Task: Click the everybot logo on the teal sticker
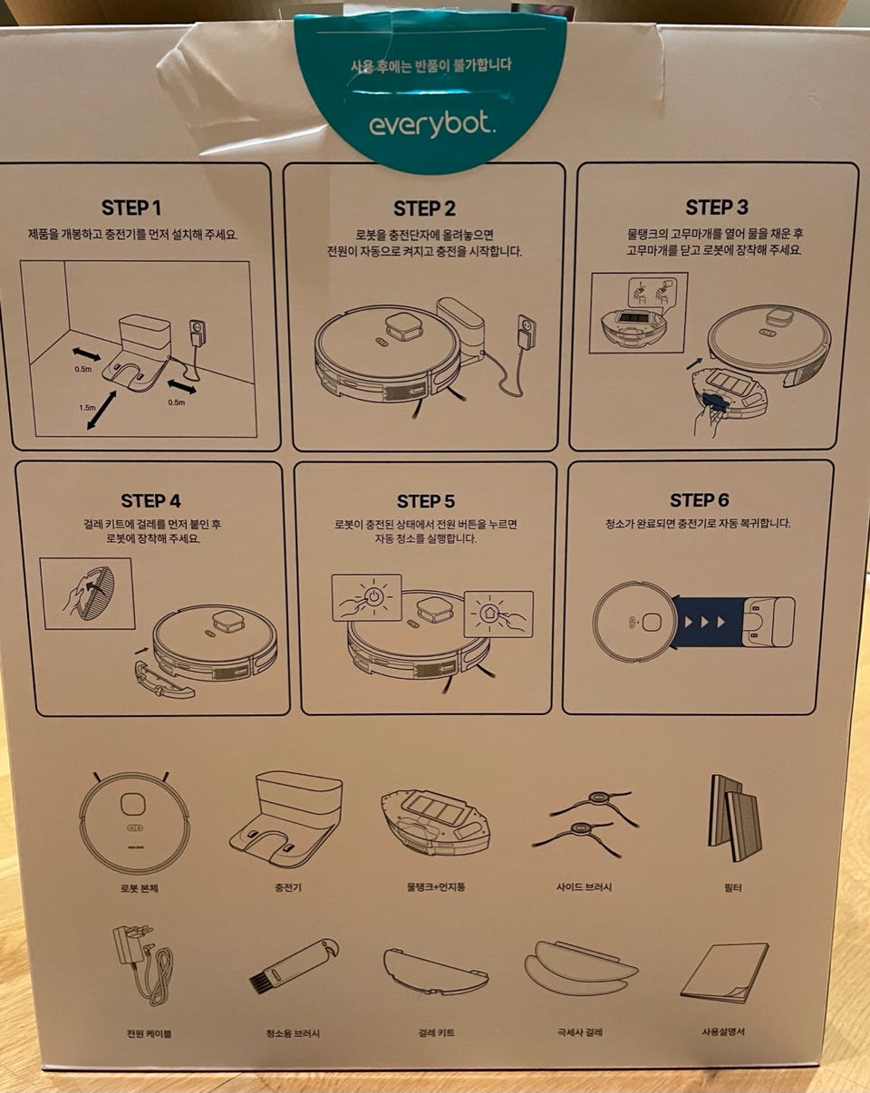(431, 125)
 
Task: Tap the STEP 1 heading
(131, 208)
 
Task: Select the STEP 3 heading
(717, 208)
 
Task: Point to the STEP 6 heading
(699, 500)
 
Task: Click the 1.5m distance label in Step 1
(87, 407)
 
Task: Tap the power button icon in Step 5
(373, 596)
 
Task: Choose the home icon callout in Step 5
(498, 614)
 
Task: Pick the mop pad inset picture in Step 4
(87, 594)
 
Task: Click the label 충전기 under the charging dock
(287, 886)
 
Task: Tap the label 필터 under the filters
(732, 886)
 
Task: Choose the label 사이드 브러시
(584, 886)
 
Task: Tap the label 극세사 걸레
(579, 1032)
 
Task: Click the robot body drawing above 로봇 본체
(135, 817)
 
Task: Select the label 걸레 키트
(436, 1032)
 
